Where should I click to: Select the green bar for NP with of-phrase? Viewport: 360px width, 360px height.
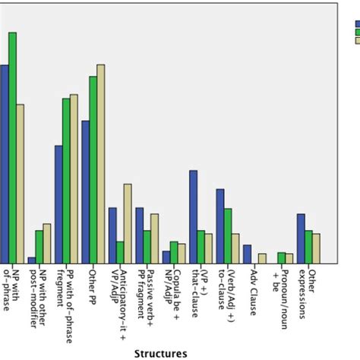point(12,148)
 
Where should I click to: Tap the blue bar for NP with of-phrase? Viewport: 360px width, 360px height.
point(4,164)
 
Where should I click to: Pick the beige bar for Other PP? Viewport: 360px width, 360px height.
point(101,164)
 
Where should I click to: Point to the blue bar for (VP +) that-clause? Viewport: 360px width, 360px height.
point(193,217)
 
